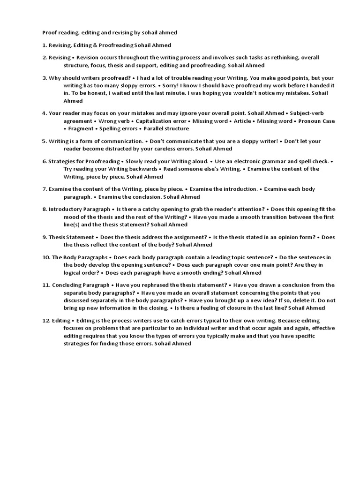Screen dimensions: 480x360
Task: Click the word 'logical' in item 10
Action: click(75, 272)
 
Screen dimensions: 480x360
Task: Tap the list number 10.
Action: click(45, 257)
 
